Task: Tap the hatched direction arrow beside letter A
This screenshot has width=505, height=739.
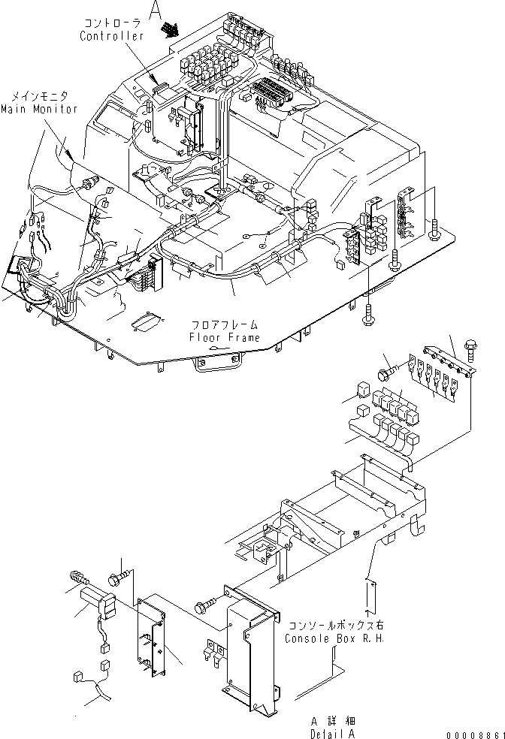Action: (x=171, y=29)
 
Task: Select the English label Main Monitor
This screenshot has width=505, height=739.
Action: (x=38, y=109)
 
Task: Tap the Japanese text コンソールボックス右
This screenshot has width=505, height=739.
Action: (x=328, y=626)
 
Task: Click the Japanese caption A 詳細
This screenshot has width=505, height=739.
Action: (x=331, y=722)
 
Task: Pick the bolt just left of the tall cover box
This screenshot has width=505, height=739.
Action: (x=204, y=603)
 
